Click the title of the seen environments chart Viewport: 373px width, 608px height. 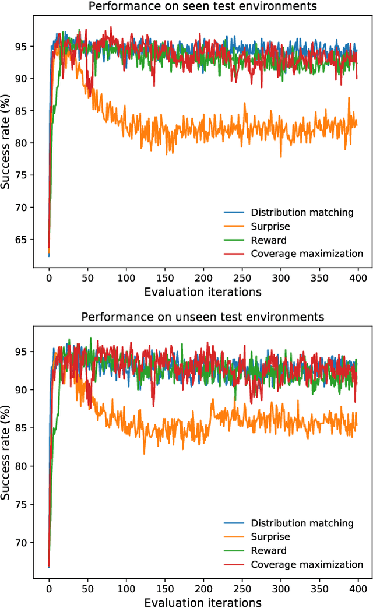[x=203, y=7]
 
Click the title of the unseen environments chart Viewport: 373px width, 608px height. [x=203, y=317]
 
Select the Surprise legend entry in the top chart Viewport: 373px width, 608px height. [x=270, y=226]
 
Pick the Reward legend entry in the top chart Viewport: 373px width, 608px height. [x=268, y=240]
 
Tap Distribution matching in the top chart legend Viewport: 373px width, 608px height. [x=302, y=212]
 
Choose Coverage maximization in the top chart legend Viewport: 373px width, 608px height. [x=307, y=254]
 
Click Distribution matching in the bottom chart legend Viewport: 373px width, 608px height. [x=302, y=523]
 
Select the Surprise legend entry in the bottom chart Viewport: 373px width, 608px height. [x=270, y=537]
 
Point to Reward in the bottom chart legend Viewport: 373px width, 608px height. [x=268, y=551]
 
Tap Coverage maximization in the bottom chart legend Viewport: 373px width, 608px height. [x=307, y=564]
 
